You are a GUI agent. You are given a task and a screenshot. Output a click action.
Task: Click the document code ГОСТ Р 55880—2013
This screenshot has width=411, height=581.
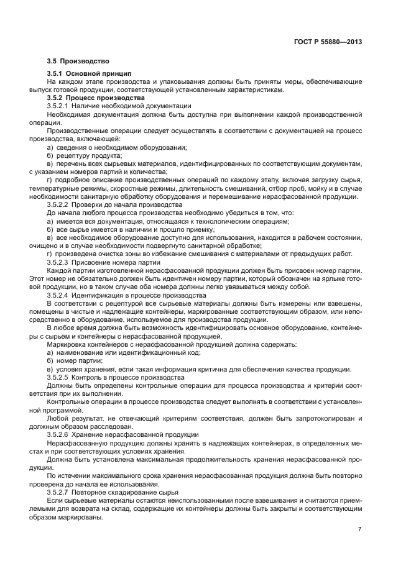328,42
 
